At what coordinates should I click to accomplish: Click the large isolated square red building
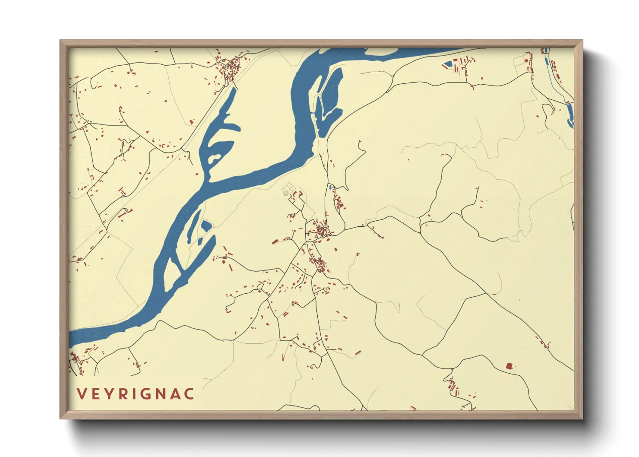click(509, 366)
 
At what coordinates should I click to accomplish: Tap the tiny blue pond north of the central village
click(330, 187)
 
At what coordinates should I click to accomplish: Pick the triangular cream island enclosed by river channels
click(174, 270)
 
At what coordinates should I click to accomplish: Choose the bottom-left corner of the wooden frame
click(61, 418)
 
